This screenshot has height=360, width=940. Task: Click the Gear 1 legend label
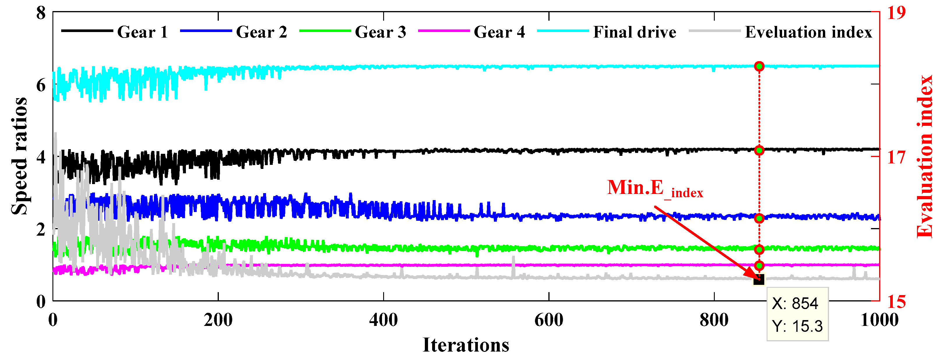point(142,32)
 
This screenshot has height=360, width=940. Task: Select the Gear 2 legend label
point(261,32)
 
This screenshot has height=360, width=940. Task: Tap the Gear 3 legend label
point(380,32)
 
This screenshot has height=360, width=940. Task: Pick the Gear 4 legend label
point(499,32)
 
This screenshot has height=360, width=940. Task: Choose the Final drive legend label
point(634,32)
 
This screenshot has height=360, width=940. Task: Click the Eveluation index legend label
point(808,32)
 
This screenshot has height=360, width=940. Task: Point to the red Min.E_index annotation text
point(655,188)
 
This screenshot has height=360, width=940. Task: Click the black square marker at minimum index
point(759,280)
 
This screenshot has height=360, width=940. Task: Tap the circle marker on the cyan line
point(759,66)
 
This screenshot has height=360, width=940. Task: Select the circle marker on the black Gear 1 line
point(759,150)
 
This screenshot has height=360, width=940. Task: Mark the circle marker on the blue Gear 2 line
point(759,218)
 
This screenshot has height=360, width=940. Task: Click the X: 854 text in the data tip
point(795,303)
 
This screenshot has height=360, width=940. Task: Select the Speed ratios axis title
point(19,156)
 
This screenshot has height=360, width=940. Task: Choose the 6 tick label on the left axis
point(41,85)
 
